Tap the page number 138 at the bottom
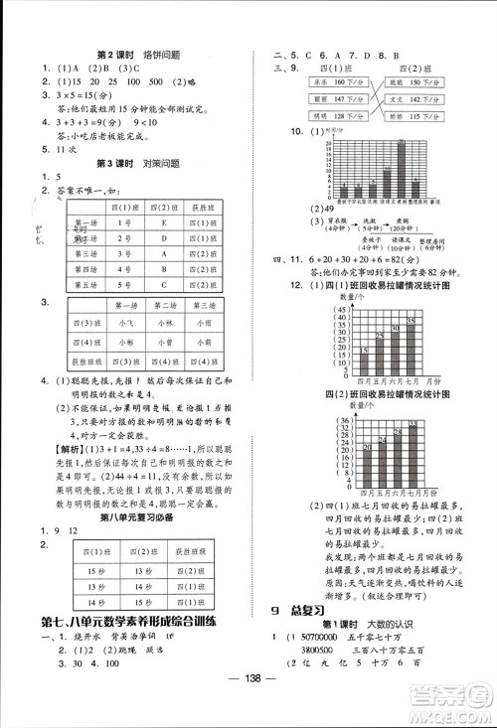coord(248,707)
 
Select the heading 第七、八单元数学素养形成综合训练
coord(136,622)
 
